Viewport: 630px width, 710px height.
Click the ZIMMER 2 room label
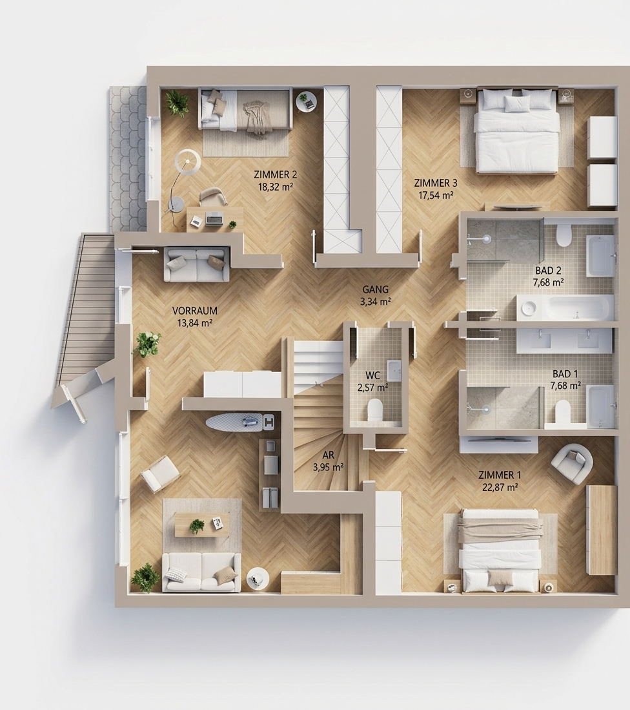(x=276, y=174)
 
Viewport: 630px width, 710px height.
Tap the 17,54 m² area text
(x=436, y=195)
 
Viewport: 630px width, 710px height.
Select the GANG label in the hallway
(x=376, y=290)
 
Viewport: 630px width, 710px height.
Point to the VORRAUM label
(x=195, y=311)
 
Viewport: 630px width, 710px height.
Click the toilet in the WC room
(x=375, y=409)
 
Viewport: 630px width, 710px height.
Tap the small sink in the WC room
(x=394, y=370)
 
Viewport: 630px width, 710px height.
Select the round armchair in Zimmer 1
(x=572, y=463)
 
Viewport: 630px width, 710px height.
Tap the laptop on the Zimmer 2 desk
(x=214, y=219)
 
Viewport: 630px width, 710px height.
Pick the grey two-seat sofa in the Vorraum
(x=196, y=264)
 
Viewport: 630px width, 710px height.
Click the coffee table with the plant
(x=202, y=525)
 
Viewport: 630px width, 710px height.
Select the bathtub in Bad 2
(x=565, y=308)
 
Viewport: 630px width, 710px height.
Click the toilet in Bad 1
(x=563, y=412)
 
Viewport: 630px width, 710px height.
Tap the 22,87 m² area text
(x=500, y=487)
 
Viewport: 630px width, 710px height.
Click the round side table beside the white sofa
(x=258, y=579)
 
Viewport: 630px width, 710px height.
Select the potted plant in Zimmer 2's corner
(x=176, y=103)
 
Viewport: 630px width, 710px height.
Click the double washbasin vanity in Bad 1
(x=565, y=340)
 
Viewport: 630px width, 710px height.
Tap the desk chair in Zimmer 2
(x=213, y=197)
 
